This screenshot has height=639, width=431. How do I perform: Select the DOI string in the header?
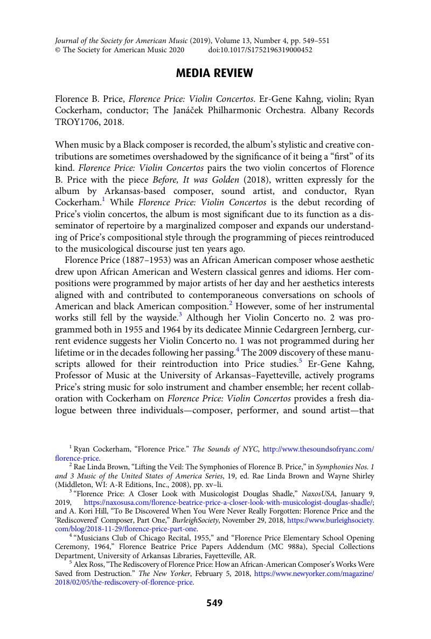point(260,50)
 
